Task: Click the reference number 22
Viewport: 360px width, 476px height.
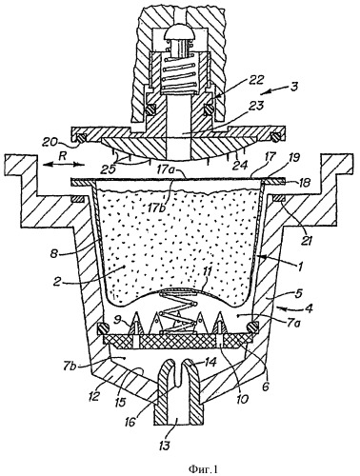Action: pyautogui.click(x=256, y=80)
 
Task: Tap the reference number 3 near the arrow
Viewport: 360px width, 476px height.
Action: pyautogui.click(x=293, y=87)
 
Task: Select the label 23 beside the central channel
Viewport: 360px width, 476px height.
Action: pyautogui.click(x=256, y=106)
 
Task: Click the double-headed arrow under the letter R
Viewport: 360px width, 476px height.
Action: pyautogui.click(x=64, y=164)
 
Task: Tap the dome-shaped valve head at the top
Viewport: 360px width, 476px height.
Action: pyautogui.click(x=179, y=35)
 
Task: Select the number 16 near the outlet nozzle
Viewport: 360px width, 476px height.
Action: pyautogui.click(x=130, y=423)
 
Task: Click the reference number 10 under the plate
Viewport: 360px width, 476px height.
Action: pyautogui.click(x=242, y=398)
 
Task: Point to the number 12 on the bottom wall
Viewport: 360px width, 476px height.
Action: pyautogui.click(x=95, y=397)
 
